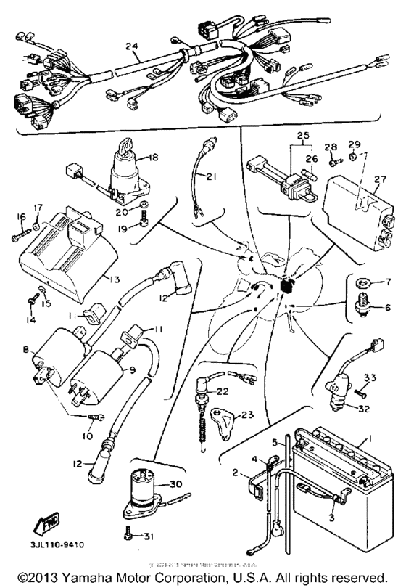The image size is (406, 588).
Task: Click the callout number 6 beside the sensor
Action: coord(387,307)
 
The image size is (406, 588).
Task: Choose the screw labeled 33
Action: coord(357,393)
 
